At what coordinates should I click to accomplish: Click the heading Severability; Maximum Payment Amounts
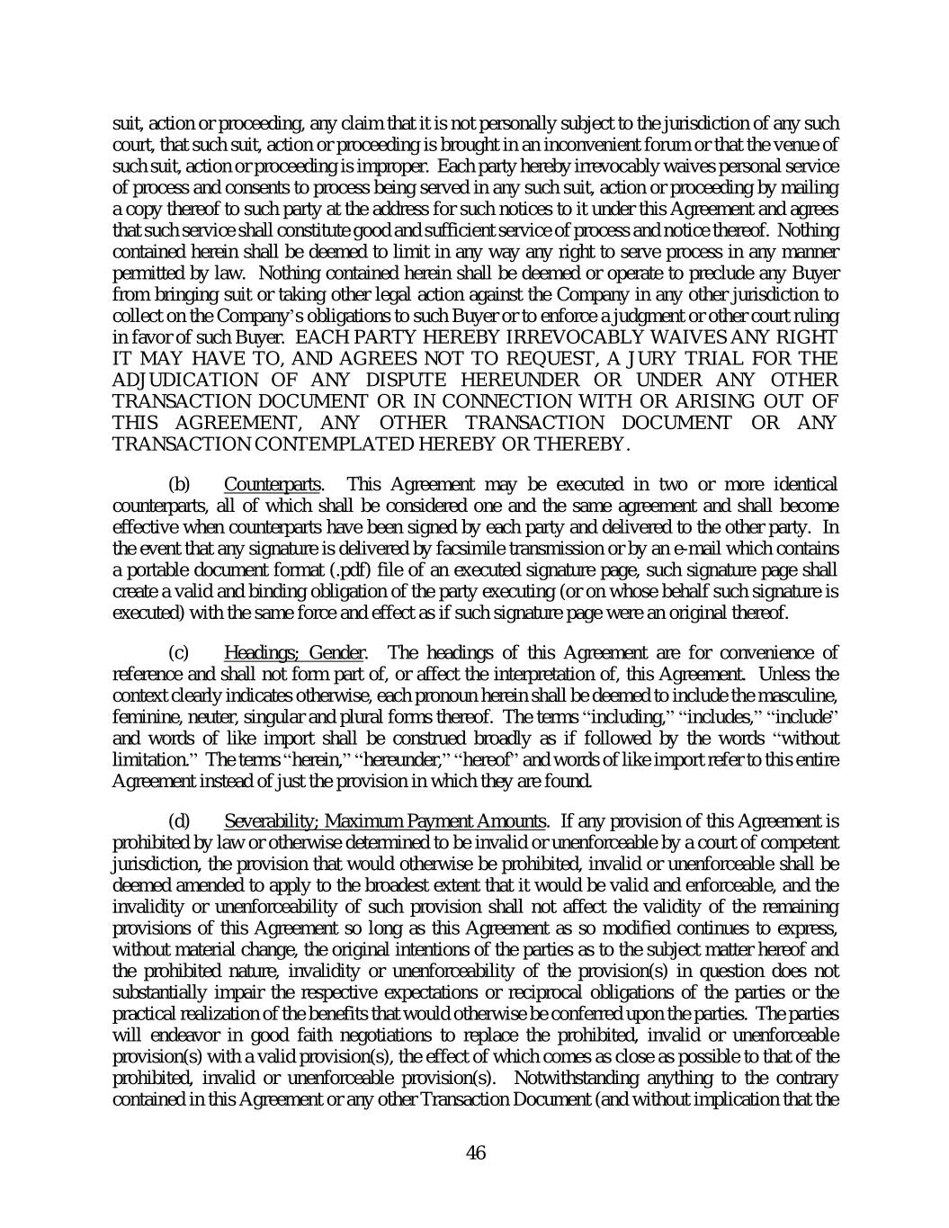[385, 820]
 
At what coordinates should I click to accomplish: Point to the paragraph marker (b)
[180, 485]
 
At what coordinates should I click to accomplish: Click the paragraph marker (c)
[180, 652]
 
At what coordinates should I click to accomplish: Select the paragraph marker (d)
[180, 820]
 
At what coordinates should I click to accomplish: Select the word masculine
[802, 695]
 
